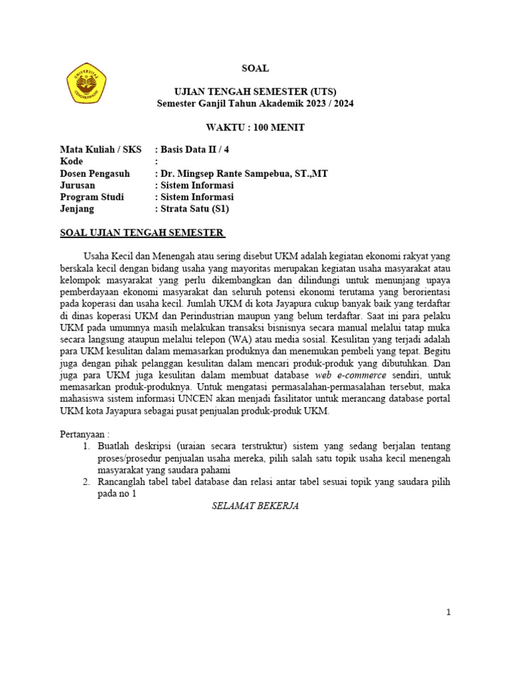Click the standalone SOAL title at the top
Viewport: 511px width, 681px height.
pos(255,68)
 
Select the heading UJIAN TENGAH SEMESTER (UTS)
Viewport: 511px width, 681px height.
pos(255,92)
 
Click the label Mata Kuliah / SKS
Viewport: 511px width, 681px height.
pos(100,150)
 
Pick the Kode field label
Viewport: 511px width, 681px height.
pos(72,162)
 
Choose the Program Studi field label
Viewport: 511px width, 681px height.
pos(92,198)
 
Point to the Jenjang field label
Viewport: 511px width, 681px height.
pos(77,209)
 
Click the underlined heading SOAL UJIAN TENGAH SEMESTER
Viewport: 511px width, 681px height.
pos(142,233)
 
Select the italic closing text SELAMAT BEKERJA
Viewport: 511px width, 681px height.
pos(255,506)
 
